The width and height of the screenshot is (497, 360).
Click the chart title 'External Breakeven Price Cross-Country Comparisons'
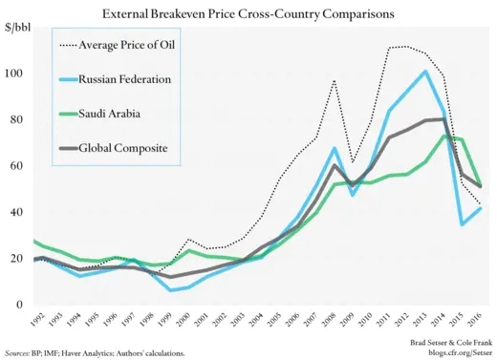[x=250, y=14]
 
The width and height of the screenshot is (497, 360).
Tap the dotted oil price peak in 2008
[x=334, y=80]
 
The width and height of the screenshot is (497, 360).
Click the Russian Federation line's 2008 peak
[x=334, y=148]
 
